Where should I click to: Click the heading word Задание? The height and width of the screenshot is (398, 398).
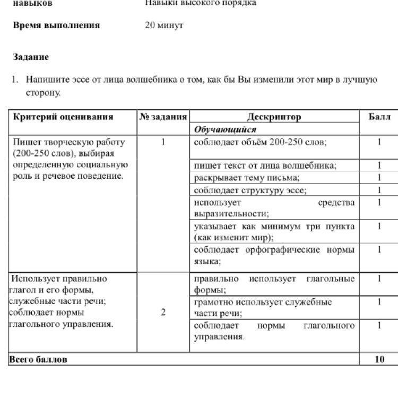[x=31, y=57]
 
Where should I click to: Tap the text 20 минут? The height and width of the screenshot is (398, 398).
[x=164, y=25]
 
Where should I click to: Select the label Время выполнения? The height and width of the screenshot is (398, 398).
[x=56, y=25]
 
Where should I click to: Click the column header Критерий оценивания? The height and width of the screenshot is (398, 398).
[x=63, y=117]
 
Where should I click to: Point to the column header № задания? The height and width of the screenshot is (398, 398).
[x=163, y=117]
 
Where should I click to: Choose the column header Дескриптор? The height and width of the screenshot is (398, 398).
[x=274, y=117]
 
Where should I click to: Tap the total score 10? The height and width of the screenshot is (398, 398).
[x=379, y=359]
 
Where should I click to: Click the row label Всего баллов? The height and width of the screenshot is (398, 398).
[x=38, y=359]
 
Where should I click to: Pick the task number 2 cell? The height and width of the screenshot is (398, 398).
[x=163, y=312]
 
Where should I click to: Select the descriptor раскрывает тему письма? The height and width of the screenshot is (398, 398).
[x=247, y=178]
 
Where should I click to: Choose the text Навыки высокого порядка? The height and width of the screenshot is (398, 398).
[x=201, y=3]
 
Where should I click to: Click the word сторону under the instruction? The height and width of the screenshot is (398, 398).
[x=44, y=93]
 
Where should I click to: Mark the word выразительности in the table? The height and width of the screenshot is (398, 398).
[x=231, y=214]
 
